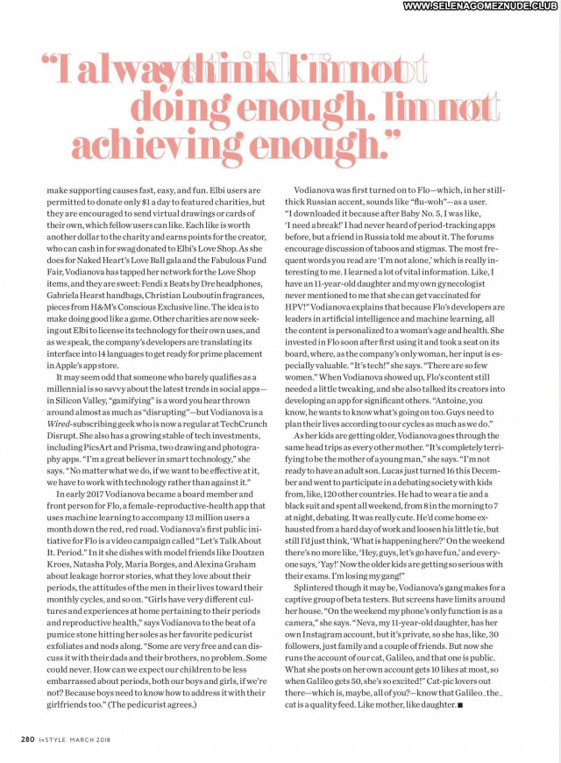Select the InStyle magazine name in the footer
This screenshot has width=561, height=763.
tap(51, 738)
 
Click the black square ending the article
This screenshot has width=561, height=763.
tap(460, 704)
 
